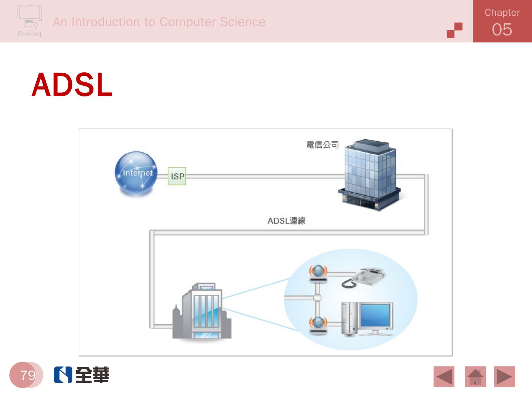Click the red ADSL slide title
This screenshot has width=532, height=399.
(72, 85)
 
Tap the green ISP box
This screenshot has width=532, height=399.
(177, 176)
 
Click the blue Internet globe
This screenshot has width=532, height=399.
(136, 173)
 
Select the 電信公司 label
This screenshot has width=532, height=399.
(323, 145)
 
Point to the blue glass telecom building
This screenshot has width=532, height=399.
(369, 174)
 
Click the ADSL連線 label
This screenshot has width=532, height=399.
(286, 221)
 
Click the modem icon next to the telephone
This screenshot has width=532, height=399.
(318, 274)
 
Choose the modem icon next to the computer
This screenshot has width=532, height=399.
(318, 325)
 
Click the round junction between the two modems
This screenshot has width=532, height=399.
(317, 298)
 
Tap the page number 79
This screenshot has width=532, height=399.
(28, 375)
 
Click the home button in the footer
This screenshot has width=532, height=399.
(475, 376)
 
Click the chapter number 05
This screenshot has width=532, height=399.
(502, 30)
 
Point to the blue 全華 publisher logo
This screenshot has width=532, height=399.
(81, 375)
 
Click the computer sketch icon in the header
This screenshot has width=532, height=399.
(29, 21)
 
